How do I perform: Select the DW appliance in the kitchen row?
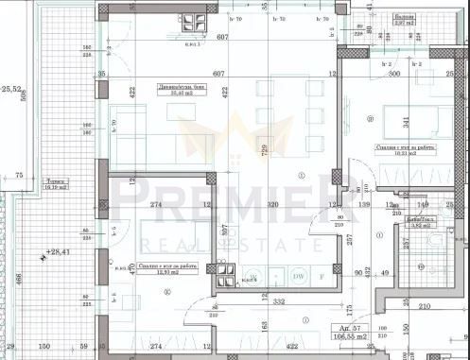pyautogui.click(x=298, y=275)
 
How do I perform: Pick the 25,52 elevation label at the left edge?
pyautogui.click(x=10, y=90)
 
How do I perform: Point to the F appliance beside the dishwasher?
pyautogui.click(x=322, y=275)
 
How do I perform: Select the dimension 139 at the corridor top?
pyautogui.click(x=363, y=204)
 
